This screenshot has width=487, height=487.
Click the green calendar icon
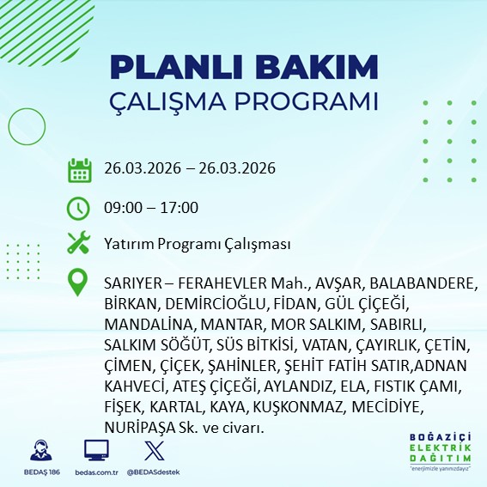pyautogui.click(x=79, y=169)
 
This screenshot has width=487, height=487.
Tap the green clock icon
pyautogui.click(x=79, y=208)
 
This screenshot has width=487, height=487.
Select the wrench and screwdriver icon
pyautogui.click(x=79, y=244)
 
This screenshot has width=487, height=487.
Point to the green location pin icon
pyautogui.click(x=79, y=283)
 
